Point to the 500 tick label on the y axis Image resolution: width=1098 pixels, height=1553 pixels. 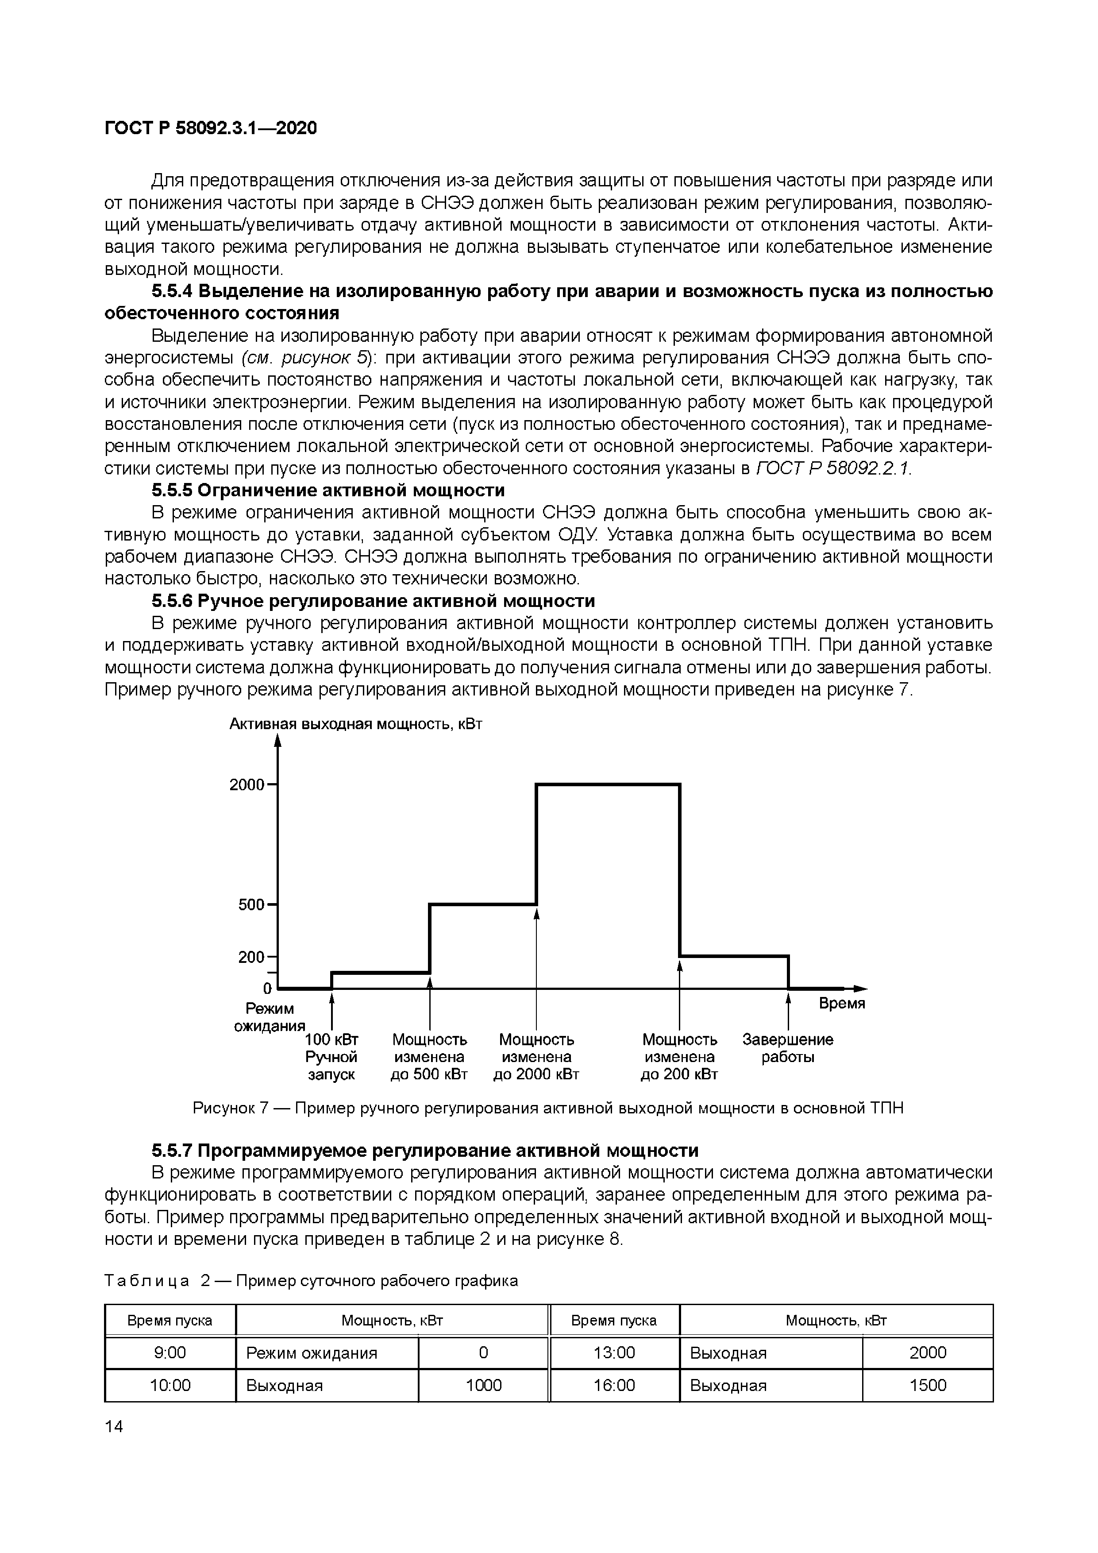pos(251,904)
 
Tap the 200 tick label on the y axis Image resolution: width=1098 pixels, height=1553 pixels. pos(251,957)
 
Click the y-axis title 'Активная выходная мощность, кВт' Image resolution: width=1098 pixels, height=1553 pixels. pos(356,724)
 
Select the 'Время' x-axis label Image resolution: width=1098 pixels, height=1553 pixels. pos(842,1004)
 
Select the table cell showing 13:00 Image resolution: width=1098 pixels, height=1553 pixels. pos(614,1353)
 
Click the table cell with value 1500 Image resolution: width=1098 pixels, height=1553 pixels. pos(928,1385)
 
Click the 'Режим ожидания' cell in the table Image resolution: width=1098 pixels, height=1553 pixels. pos(312,1353)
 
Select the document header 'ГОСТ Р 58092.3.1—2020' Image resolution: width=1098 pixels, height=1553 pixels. pos(210,128)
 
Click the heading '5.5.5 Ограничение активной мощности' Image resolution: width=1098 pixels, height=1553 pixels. pos(328,490)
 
